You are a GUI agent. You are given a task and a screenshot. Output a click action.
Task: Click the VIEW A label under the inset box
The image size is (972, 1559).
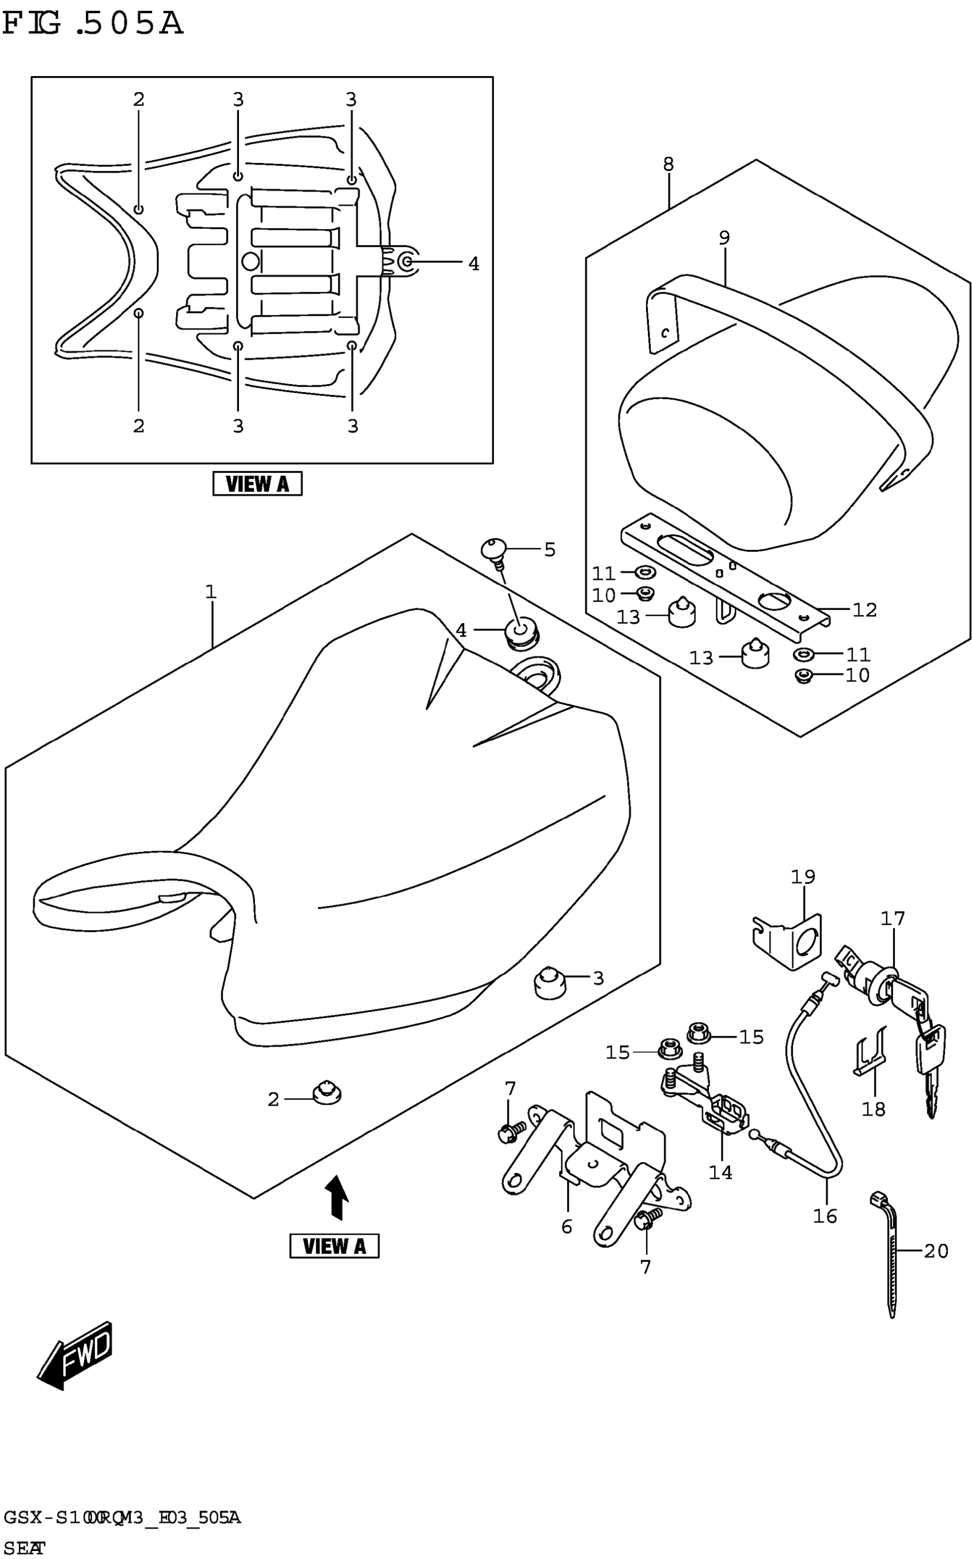pyautogui.click(x=257, y=483)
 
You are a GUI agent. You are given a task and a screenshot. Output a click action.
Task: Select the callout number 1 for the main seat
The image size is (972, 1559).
pyautogui.click(x=211, y=591)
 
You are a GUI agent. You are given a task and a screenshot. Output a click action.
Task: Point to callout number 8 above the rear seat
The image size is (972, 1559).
pyautogui.click(x=668, y=165)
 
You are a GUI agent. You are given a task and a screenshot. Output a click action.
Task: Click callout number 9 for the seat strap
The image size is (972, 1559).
pyautogui.click(x=724, y=238)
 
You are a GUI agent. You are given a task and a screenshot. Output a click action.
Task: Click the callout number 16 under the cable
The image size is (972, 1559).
pyautogui.click(x=825, y=1216)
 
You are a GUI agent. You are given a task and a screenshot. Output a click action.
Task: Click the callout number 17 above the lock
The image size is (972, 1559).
pyautogui.click(x=893, y=918)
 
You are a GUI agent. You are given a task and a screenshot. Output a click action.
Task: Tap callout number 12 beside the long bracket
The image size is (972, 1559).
pyautogui.click(x=865, y=609)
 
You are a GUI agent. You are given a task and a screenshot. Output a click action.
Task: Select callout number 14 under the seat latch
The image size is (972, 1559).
pyautogui.click(x=720, y=1172)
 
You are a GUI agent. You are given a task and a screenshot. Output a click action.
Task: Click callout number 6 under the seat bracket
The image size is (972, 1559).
pyautogui.click(x=567, y=1227)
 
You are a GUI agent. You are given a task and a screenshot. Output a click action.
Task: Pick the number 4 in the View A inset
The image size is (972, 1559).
pyautogui.click(x=474, y=264)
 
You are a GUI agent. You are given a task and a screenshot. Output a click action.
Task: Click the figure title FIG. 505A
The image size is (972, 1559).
pyautogui.click(x=93, y=25)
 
